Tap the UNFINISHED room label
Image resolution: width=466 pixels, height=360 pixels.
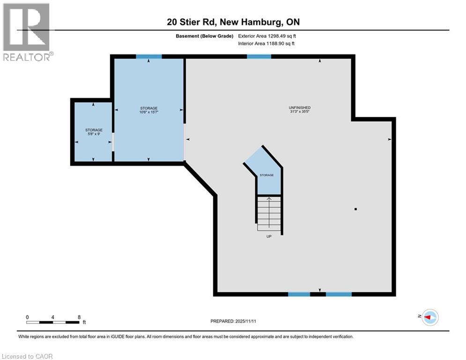pyautogui.click(x=300, y=108)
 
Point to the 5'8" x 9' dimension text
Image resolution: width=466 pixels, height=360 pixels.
pyautogui.click(x=94, y=134)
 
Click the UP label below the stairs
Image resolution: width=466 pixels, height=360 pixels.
pyautogui.click(x=269, y=236)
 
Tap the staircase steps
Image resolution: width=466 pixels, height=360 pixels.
pyautogui.click(x=269, y=213)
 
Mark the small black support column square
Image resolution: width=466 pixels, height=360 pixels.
pyautogui.click(x=355, y=209)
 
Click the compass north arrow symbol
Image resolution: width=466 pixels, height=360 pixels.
pyautogui.click(x=429, y=317)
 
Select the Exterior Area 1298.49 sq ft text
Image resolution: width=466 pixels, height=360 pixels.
pyautogui.click(x=267, y=36)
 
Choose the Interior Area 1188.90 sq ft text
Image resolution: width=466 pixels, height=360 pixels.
pyautogui.click(x=266, y=44)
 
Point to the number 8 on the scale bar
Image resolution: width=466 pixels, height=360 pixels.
pyautogui.click(x=79, y=317)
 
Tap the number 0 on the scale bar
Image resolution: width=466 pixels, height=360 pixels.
pyautogui.click(x=27, y=317)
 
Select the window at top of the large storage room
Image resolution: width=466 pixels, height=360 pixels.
pyautogui.click(x=149, y=57)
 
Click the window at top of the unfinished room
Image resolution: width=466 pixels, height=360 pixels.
pyautogui.click(x=259, y=57)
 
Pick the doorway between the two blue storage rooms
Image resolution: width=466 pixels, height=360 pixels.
pyautogui.click(x=113, y=142)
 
